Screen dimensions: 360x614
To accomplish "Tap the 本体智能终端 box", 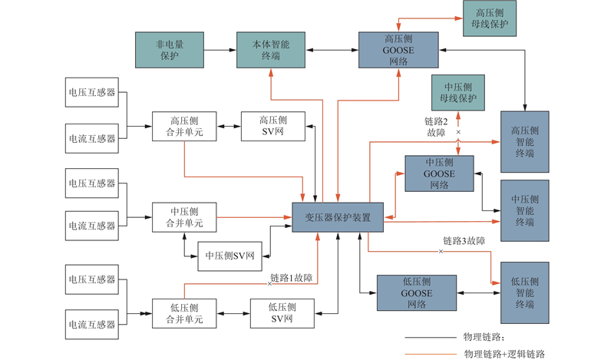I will click(270, 51).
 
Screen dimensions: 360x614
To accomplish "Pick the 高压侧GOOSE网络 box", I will click(398, 51).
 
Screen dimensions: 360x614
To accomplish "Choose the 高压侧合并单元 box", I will click(184, 126).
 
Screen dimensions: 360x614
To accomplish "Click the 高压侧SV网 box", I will click(272, 126).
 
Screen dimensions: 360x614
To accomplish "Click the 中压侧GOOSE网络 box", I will click(439, 173).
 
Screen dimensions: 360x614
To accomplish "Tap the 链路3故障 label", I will click(464, 241).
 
